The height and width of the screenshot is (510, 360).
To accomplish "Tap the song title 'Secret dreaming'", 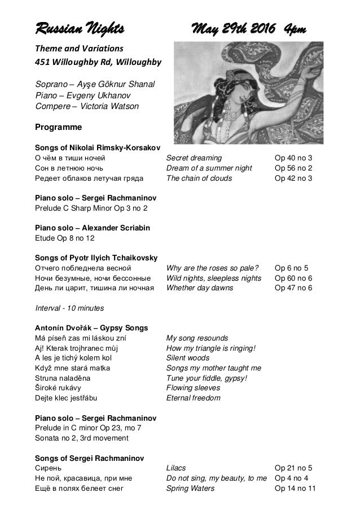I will (x=194, y=158).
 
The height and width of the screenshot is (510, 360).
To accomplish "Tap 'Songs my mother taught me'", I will (x=213, y=368).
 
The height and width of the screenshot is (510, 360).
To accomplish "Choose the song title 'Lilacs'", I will (x=175, y=468).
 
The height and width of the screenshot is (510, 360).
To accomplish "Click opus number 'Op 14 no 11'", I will (x=295, y=489).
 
